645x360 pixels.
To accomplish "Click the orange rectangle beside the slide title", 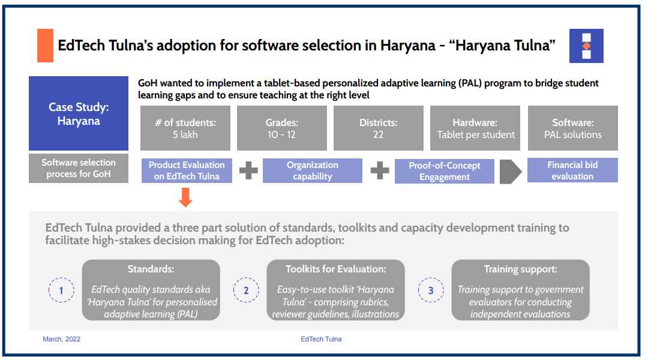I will [45, 46].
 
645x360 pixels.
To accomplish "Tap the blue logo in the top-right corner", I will [586, 46].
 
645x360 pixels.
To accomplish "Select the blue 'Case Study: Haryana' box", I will [79, 113].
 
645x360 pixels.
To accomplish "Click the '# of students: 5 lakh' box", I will [185, 128].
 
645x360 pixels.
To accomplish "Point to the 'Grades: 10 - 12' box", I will [282, 128].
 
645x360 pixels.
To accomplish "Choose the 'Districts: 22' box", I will [379, 128].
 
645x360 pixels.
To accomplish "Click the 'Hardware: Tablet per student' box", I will [476, 128].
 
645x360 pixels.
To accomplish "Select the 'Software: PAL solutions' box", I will [572, 128].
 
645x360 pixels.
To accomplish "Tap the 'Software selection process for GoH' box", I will [79, 169].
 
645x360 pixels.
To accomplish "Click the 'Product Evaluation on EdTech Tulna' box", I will [187, 170].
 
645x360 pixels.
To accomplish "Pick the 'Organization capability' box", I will [313, 170].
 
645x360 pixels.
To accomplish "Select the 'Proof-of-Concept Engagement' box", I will [445, 171].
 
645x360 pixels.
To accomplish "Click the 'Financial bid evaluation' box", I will [572, 170].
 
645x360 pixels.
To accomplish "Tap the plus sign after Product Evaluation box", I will [248, 171].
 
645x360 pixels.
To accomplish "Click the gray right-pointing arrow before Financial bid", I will [511, 171].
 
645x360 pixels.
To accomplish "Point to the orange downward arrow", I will [186, 197].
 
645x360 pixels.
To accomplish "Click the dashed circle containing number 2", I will [246, 290].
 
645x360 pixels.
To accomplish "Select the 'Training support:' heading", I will [520, 269].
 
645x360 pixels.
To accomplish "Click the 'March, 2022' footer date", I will [61, 339].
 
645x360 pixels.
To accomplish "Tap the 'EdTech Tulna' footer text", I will [321, 339].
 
